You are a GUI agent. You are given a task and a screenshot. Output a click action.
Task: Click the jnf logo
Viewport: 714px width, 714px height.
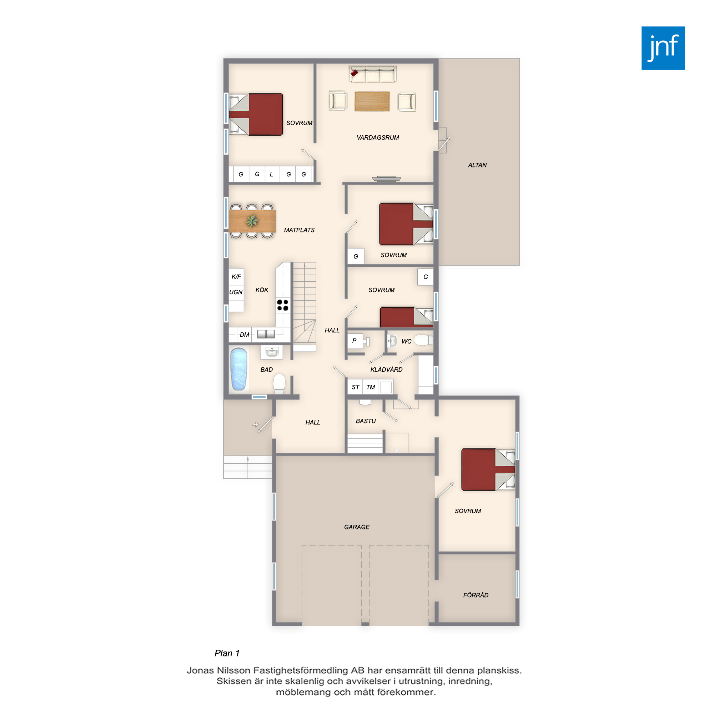663,48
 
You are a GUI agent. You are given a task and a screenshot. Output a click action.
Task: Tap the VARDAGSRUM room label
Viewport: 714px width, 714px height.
378,137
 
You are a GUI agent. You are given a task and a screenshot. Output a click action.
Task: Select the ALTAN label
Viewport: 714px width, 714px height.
477,165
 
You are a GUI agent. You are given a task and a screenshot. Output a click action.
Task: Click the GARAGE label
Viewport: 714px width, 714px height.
357,527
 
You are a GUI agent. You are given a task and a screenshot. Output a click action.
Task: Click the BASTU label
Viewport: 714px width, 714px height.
366,421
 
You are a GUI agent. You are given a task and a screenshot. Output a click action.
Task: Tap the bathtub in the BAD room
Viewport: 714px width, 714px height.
238,369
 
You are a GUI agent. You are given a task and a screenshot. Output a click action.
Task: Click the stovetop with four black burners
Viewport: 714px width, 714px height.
283,305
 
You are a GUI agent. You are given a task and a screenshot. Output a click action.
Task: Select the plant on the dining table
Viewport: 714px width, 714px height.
252,221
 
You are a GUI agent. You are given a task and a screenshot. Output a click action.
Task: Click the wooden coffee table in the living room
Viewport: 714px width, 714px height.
372,101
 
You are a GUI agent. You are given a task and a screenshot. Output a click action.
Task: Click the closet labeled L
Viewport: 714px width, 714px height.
272,174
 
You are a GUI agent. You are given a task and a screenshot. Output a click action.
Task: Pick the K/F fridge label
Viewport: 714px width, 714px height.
236,276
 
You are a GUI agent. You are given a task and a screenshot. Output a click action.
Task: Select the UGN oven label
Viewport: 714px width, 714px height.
236,292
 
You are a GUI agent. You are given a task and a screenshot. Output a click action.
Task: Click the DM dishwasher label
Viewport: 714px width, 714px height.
244,335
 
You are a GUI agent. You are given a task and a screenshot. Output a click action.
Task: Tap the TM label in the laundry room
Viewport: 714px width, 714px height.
370,387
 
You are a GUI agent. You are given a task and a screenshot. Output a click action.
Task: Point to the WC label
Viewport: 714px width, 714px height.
407,342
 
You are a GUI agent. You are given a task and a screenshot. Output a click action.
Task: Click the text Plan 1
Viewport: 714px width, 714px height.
227,653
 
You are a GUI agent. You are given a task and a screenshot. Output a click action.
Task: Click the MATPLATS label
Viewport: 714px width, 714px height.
299,230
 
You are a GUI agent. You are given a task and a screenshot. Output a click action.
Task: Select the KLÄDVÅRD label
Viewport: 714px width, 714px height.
386,369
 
